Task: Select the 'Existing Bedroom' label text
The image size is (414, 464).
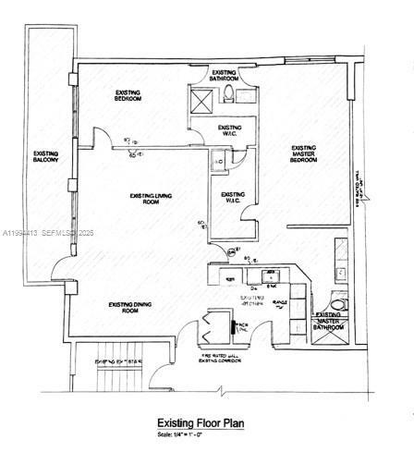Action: pyautogui.click(x=128, y=96)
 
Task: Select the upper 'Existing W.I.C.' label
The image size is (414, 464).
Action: pyautogui.click(x=229, y=130)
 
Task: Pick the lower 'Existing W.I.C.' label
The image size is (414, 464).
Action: pyautogui.click(x=233, y=199)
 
